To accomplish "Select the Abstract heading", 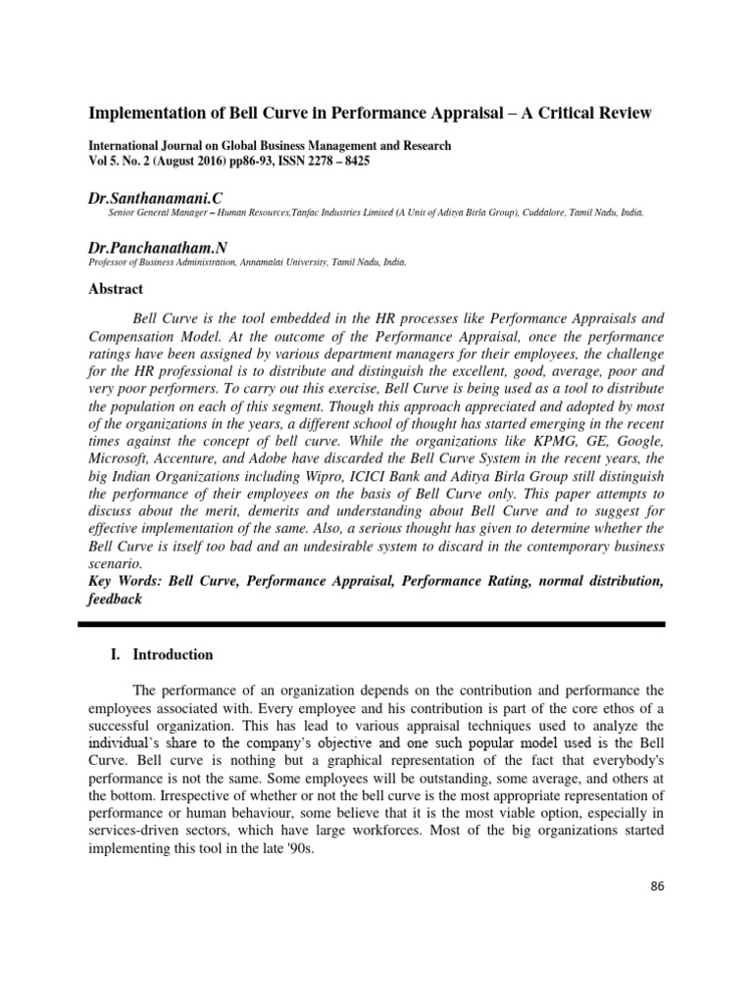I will (x=117, y=289).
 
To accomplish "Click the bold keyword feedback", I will (x=116, y=599).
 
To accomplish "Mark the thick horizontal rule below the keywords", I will (x=376, y=624).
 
